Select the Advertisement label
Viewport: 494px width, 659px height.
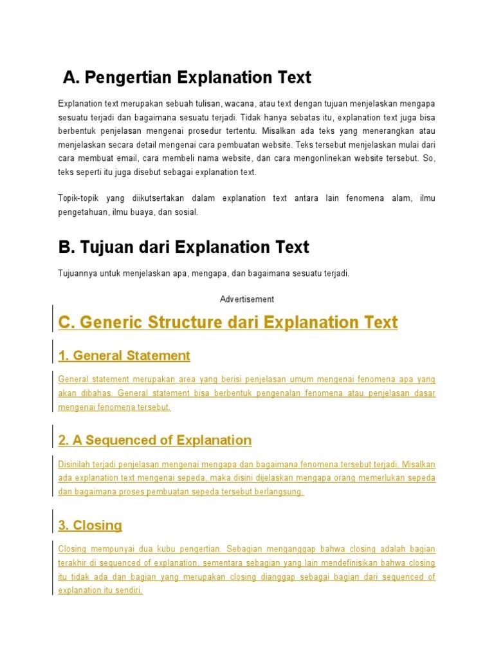[x=247, y=299]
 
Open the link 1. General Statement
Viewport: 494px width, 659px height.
[x=124, y=355]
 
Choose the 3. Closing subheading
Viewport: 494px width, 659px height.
[x=90, y=525]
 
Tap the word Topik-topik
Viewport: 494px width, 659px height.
[x=78, y=198]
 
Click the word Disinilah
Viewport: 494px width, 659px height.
[x=75, y=464]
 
